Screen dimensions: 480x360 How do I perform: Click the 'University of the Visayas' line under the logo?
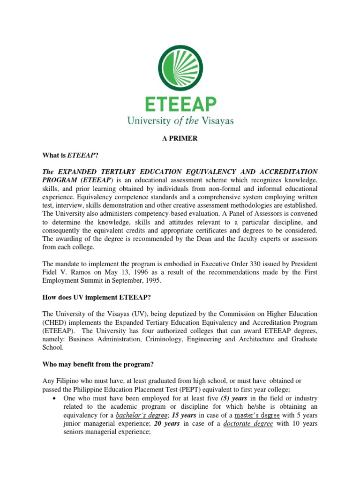(x=180, y=121)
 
